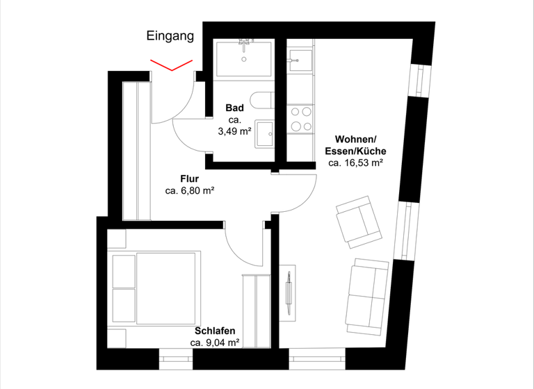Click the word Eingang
(x=170, y=36)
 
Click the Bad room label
(x=234, y=108)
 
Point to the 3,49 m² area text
(x=234, y=132)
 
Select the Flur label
(x=190, y=179)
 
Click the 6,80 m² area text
(x=190, y=190)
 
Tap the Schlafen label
(x=215, y=331)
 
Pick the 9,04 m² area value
(x=215, y=342)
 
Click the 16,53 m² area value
(x=356, y=163)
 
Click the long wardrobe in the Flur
(x=136, y=149)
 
